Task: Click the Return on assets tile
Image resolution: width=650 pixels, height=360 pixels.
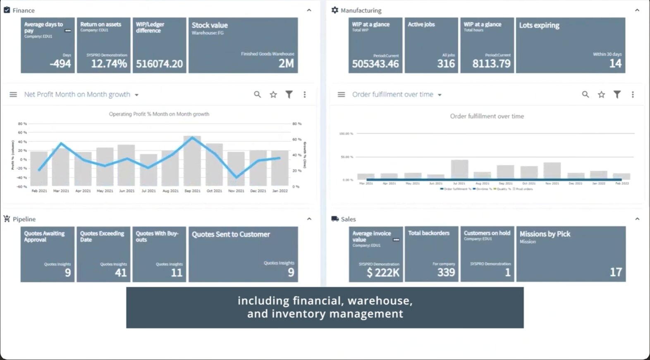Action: coord(103,45)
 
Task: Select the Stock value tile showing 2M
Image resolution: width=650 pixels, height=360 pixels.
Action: coord(243,45)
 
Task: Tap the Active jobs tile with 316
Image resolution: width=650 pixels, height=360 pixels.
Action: coord(431,45)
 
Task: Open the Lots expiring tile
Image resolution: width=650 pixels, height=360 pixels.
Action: coord(570,45)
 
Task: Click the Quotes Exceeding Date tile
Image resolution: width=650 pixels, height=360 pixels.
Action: coord(103,254)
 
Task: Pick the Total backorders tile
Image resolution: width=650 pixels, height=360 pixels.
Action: coord(431,254)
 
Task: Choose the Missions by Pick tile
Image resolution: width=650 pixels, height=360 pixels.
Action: coord(571,254)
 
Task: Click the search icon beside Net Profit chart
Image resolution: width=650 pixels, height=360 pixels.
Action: coord(257,95)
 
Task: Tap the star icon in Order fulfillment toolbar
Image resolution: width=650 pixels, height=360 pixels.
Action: coord(601,95)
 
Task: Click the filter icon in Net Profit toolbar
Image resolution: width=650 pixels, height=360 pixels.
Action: coord(289,95)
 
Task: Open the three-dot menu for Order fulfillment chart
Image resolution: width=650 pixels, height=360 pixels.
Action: coord(633,95)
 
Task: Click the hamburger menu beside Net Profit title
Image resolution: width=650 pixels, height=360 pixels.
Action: coord(13,95)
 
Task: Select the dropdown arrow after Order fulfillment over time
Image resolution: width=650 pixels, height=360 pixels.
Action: coord(440,95)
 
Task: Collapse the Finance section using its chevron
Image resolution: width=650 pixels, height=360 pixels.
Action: coord(309,10)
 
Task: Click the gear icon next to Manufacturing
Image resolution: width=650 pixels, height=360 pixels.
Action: coord(335,10)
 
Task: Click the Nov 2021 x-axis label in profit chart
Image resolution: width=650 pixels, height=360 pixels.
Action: coord(236,191)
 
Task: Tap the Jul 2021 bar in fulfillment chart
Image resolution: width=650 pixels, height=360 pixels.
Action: coord(459,169)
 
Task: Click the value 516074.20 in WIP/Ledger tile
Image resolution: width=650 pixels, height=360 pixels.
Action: coord(159,64)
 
